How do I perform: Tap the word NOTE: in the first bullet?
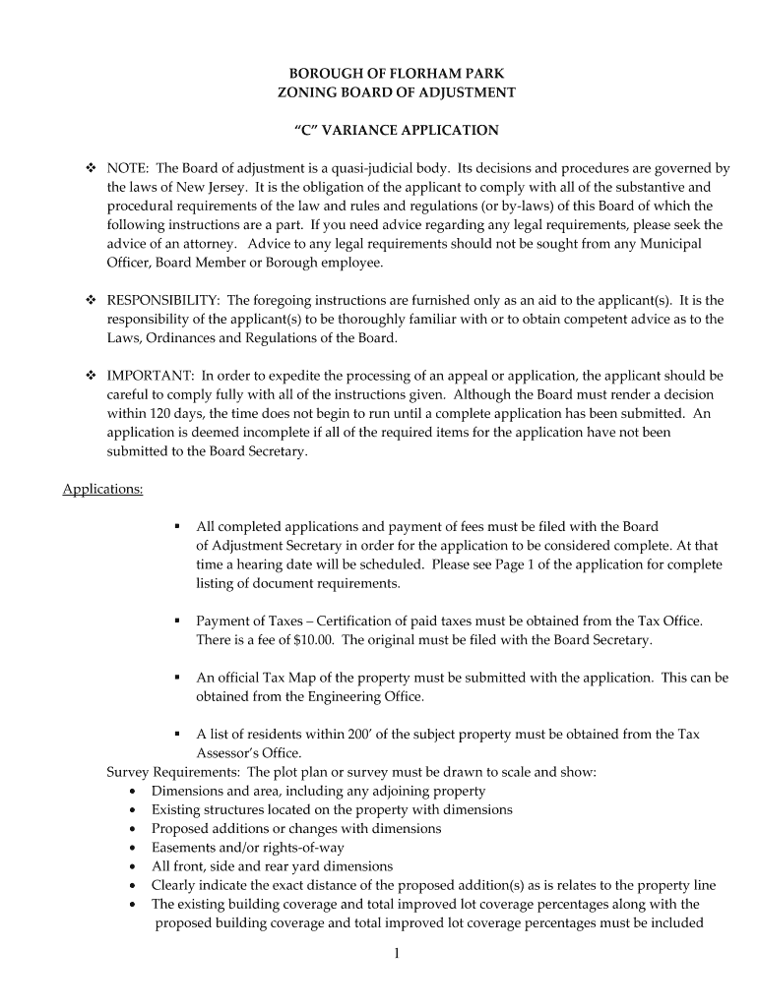pos(129,168)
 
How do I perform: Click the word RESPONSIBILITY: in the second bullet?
pos(165,300)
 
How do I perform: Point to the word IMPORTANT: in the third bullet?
pos(153,376)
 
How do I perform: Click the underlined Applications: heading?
pos(103,489)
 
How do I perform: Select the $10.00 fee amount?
pos(315,640)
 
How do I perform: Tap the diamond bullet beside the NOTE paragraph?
pos(91,168)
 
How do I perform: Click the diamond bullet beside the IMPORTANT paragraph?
pos(91,376)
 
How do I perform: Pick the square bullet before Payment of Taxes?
pos(177,622)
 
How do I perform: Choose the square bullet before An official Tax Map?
pos(177,678)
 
